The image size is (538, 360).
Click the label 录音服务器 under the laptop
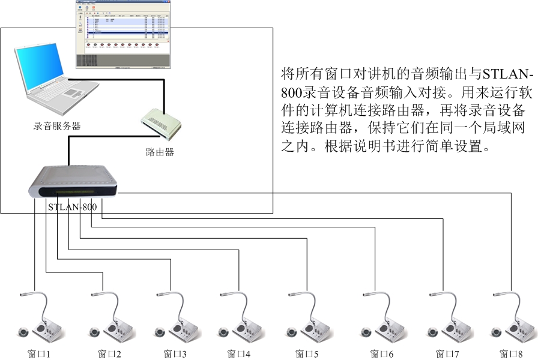tap(57, 126)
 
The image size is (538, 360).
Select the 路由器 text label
tap(160, 152)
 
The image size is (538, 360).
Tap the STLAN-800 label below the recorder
tap(72, 207)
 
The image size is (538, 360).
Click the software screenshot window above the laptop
tap(122, 34)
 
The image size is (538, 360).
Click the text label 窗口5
tap(303, 354)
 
